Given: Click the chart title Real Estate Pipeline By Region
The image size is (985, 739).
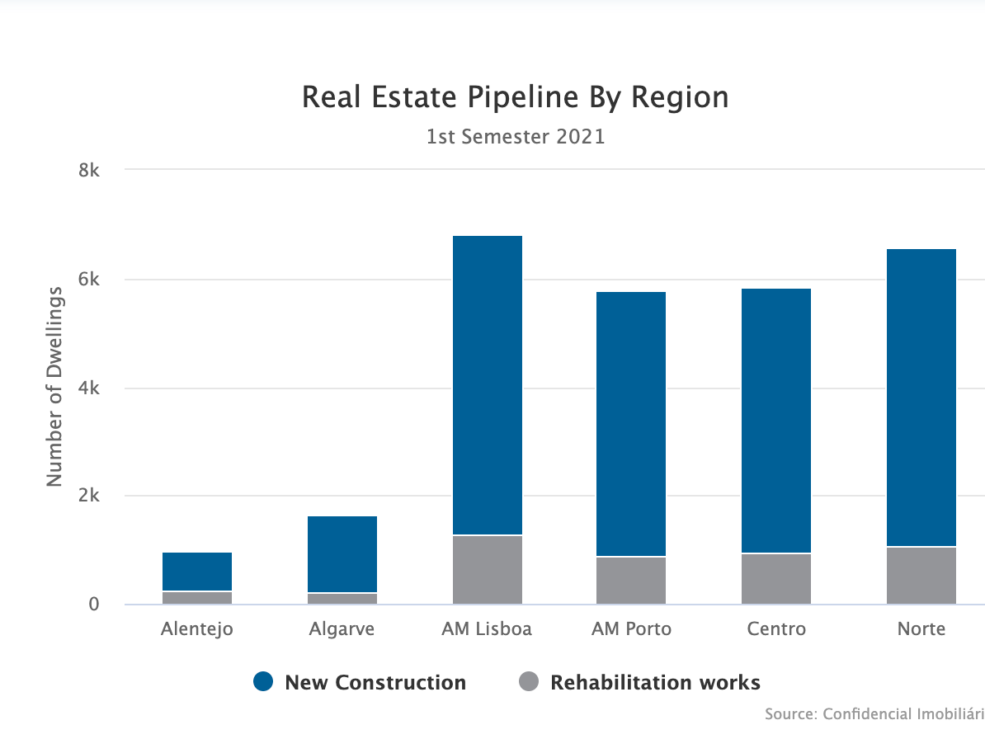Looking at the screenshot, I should pyautogui.click(x=515, y=97).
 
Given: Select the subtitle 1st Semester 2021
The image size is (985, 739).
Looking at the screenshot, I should pyautogui.click(x=515, y=137).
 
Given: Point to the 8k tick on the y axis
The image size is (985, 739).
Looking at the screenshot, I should pyautogui.click(x=88, y=171).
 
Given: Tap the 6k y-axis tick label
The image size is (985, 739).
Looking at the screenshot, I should pyautogui.click(x=88, y=280).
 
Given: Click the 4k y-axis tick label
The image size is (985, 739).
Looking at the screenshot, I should pyautogui.click(x=88, y=388).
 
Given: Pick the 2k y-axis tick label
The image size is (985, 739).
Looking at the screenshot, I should pyautogui.click(x=88, y=497).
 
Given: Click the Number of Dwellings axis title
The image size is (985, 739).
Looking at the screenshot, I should pyautogui.click(x=54, y=386).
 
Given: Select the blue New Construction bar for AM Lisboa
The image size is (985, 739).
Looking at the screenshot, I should pyautogui.click(x=487, y=385).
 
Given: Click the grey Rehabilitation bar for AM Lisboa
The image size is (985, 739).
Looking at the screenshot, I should pyautogui.click(x=487, y=570).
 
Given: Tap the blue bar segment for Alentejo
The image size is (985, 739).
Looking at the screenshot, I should pyautogui.click(x=197, y=572).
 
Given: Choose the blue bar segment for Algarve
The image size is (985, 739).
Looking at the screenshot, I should pyautogui.click(x=342, y=554).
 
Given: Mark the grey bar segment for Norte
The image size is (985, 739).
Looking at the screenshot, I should pyautogui.click(x=921, y=576).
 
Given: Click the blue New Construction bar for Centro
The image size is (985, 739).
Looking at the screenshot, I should pyautogui.click(x=776, y=421).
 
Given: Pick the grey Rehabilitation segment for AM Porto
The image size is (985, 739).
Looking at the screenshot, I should pyautogui.click(x=631, y=581).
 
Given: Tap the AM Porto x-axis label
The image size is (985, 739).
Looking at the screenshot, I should pyautogui.click(x=631, y=629).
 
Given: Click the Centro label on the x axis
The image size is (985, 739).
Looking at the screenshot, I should pyautogui.click(x=776, y=629).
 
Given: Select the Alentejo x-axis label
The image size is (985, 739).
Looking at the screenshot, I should pyautogui.click(x=197, y=629).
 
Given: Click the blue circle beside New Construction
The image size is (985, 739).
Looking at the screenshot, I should pyautogui.click(x=263, y=682).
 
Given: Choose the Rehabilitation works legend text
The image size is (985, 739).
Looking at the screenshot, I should pyautogui.click(x=655, y=683).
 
